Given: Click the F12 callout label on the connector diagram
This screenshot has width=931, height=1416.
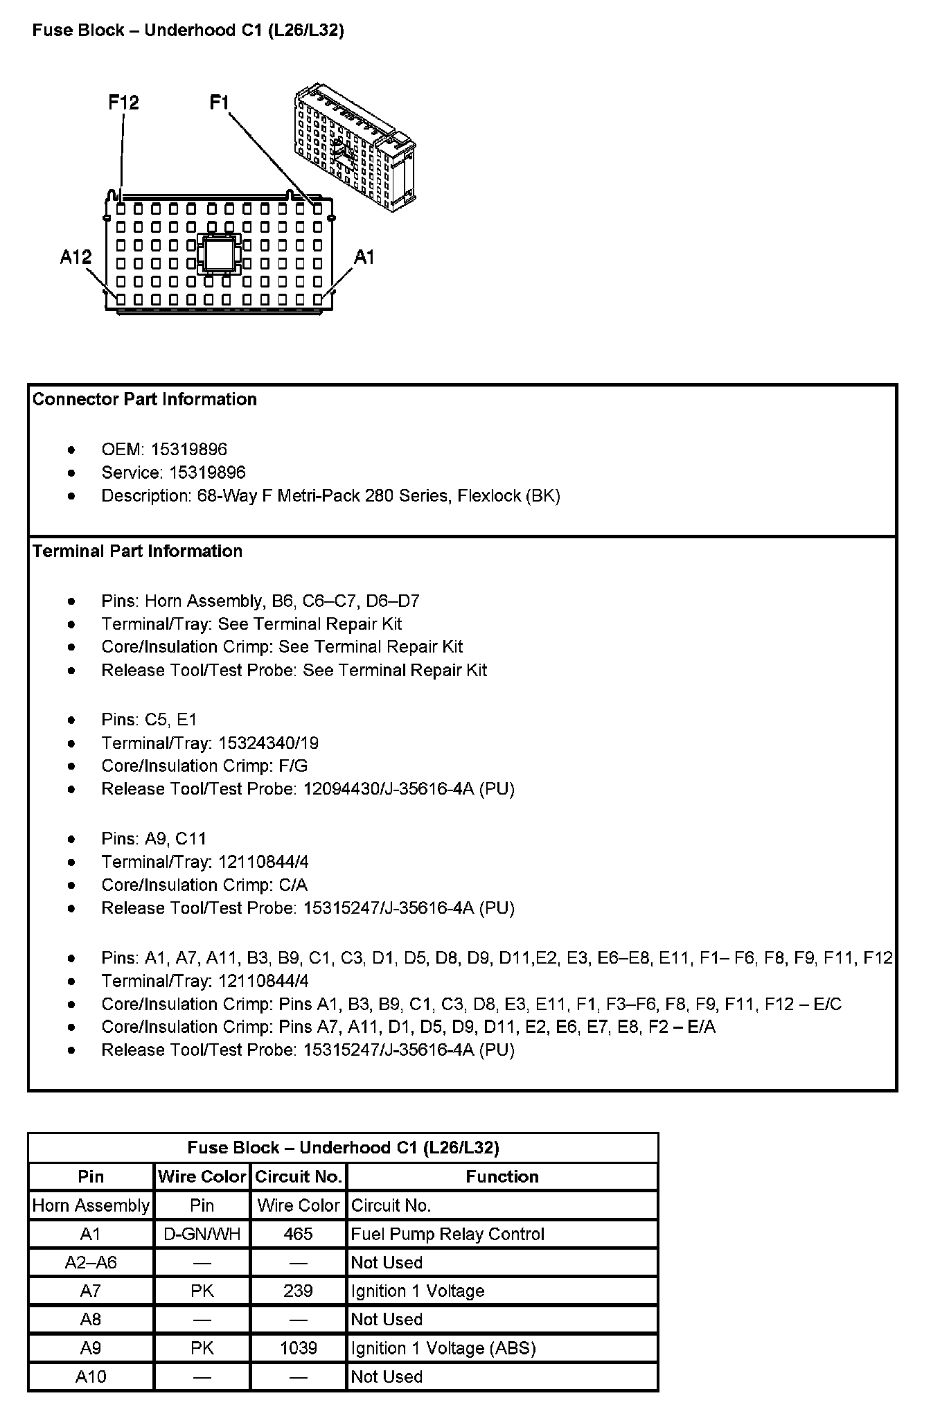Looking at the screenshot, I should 123,103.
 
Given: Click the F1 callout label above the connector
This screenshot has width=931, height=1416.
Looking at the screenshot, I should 219,103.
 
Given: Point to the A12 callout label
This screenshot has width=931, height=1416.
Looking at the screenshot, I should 76,257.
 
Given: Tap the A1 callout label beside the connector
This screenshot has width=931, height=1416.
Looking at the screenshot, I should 364,257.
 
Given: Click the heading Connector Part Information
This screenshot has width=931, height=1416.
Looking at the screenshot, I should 145,399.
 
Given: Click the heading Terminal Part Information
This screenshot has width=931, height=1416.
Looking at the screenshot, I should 137,551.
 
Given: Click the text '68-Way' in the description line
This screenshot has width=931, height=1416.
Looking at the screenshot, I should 227,495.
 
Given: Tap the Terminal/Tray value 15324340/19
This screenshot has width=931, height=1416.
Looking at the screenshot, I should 268,743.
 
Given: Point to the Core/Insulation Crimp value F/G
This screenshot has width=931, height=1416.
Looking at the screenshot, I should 293,765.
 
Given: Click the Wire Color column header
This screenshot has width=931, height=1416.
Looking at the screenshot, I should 202,1176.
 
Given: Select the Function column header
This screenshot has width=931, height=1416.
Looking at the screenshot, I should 502,1176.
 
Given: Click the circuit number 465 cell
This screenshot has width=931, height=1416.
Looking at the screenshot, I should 298,1234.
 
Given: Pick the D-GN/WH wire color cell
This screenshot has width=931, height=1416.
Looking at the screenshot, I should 202,1234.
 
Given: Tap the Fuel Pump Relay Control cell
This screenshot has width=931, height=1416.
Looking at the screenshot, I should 447,1234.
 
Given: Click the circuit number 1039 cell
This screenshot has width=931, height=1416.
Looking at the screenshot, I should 298,1347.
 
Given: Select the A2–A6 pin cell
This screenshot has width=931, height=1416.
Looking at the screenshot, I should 91,1262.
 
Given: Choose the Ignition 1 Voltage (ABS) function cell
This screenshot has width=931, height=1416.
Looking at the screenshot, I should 443,1347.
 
